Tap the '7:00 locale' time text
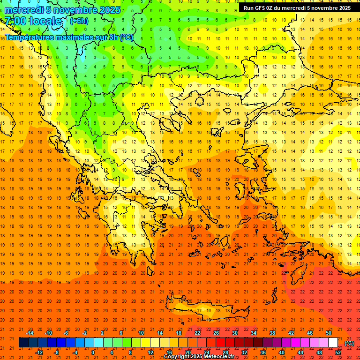(33, 21)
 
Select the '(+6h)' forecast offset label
(78, 21)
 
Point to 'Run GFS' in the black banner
(255, 8)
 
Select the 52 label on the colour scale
(338, 352)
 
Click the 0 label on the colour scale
(92, 352)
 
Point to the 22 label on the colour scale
(197, 333)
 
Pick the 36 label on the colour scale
(263, 352)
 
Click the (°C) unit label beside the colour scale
(349, 343)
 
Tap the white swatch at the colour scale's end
(333, 343)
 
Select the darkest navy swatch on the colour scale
(23, 343)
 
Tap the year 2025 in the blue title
(109, 10)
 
